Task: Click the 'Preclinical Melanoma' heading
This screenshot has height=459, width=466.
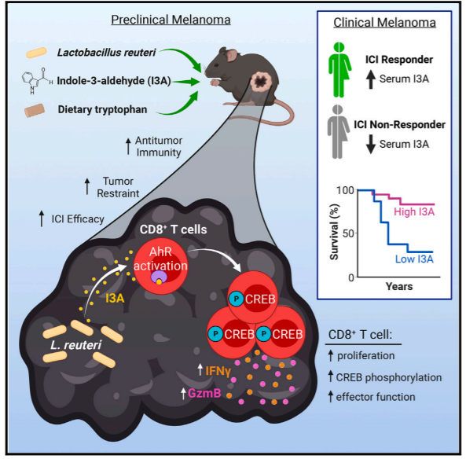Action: [x=171, y=20]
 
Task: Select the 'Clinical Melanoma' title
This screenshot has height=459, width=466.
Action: [x=384, y=23]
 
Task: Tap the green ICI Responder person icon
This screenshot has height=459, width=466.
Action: [x=339, y=70]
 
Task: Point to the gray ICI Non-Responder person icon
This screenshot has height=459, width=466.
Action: [x=338, y=132]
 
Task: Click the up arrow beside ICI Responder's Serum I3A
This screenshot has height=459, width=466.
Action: [x=371, y=79]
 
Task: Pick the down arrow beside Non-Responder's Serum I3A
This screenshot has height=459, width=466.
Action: [x=371, y=144]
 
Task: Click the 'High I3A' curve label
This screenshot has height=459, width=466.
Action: [x=414, y=211]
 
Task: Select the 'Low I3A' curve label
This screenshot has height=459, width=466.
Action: [x=414, y=259]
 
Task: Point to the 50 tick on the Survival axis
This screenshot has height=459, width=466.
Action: [x=348, y=233]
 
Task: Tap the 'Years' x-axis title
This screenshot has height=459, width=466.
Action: [x=399, y=286]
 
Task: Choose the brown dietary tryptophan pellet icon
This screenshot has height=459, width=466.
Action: [x=35, y=110]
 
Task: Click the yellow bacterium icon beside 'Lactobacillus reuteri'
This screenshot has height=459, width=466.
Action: [x=36, y=53]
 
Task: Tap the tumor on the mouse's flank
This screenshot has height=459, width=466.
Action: [x=261, y=82]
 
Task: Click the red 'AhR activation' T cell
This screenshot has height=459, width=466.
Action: [x=161, y=266]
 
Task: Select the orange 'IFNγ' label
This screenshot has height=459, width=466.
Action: [x=218, y=371]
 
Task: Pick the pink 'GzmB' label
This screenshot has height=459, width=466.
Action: [x=204, y=393]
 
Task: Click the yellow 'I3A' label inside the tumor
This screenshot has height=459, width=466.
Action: [x=115, y=298]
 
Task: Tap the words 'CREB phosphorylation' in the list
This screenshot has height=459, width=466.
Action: [x=389, y=377]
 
